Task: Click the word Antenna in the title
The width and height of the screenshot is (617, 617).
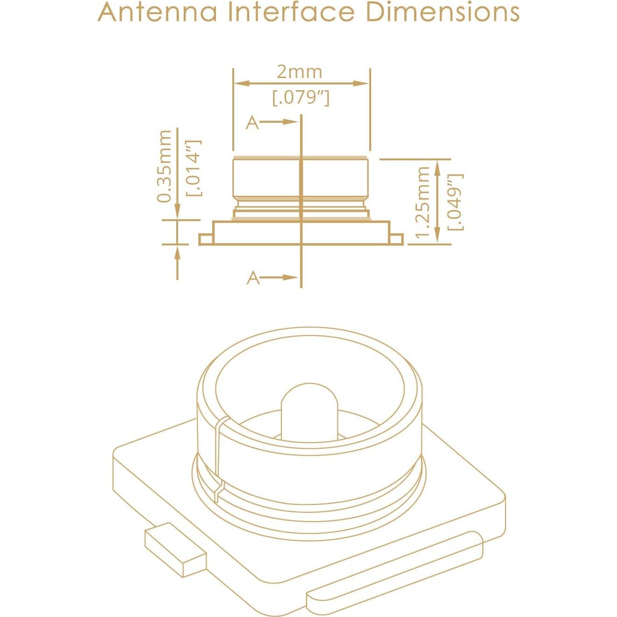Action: (158, 12)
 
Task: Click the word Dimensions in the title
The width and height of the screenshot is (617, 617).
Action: (442, 12)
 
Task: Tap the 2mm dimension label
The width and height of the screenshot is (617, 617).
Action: (299, 72)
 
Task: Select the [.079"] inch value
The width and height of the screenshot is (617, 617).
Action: (301, 98)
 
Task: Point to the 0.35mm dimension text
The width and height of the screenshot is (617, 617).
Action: (165, 166)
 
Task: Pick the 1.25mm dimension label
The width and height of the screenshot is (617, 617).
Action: (423, 202)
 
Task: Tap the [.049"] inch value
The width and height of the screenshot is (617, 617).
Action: (455, 202)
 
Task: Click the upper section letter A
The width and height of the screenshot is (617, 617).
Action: (252, 123)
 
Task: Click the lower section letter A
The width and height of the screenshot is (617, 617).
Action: (253, 278)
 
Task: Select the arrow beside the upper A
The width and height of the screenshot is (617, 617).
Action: (279, 122)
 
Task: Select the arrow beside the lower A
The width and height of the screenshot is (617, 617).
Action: (280, 277)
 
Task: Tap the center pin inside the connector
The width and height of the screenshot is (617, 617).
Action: (309, 411)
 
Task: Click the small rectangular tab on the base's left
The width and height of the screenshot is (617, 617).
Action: (175, 550)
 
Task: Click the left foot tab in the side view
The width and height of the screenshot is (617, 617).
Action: (206, 239)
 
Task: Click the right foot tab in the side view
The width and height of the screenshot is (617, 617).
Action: (396, 239)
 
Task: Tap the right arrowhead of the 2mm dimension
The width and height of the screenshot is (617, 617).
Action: (362, 83)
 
